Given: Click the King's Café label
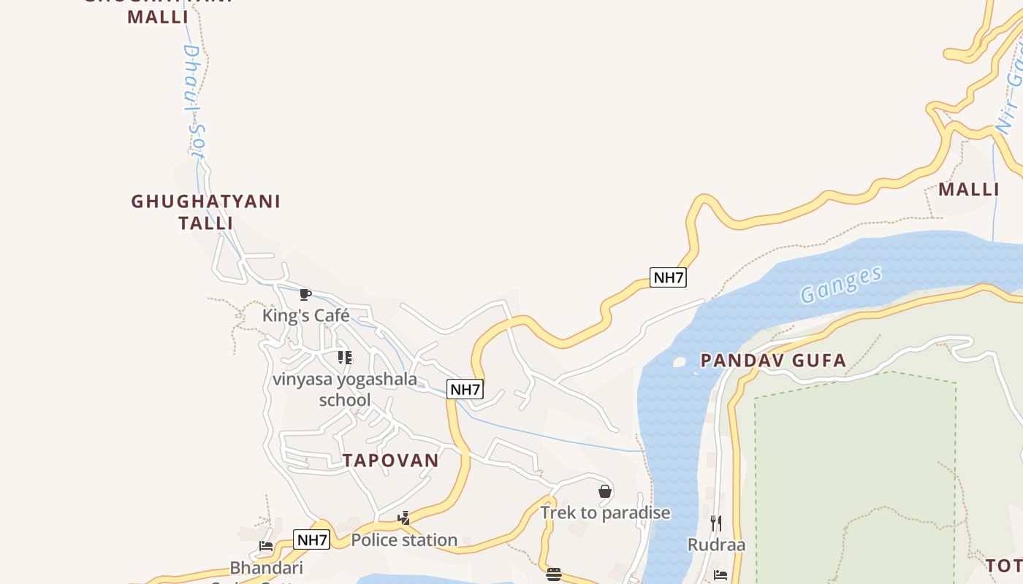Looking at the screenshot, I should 305,316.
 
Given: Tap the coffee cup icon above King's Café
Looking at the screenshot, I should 305,295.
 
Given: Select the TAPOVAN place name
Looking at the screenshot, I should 391,461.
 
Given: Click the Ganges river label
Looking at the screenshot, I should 840,285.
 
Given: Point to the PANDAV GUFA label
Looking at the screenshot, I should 773,360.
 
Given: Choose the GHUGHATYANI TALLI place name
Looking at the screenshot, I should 205,212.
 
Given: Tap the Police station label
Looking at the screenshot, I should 404,540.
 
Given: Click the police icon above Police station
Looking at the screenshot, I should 403,519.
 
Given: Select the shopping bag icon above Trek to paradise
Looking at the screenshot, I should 605,491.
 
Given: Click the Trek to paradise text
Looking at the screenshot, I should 605,512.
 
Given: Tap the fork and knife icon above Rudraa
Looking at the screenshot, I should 716,523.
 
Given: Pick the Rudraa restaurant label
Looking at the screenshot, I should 716,545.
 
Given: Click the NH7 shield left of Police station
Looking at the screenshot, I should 312,540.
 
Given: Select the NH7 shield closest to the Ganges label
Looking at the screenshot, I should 668,277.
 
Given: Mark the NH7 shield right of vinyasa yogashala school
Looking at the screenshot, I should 465,389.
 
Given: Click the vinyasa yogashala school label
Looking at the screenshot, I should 345,389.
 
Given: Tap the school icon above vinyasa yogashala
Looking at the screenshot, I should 345,358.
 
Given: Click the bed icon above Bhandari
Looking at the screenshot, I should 266,546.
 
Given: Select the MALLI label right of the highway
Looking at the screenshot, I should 969,190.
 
